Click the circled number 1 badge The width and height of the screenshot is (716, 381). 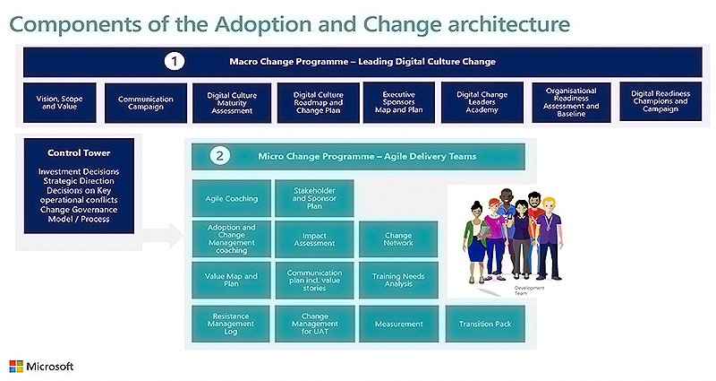tap(175, 62)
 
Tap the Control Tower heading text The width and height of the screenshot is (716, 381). tap(80, 152)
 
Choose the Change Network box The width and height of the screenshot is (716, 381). tap(398, 239)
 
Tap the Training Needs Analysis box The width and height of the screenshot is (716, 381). tap(398, 279)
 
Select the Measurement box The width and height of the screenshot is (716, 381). tap(398, 323)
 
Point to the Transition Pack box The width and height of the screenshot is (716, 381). tap(485, 323)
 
